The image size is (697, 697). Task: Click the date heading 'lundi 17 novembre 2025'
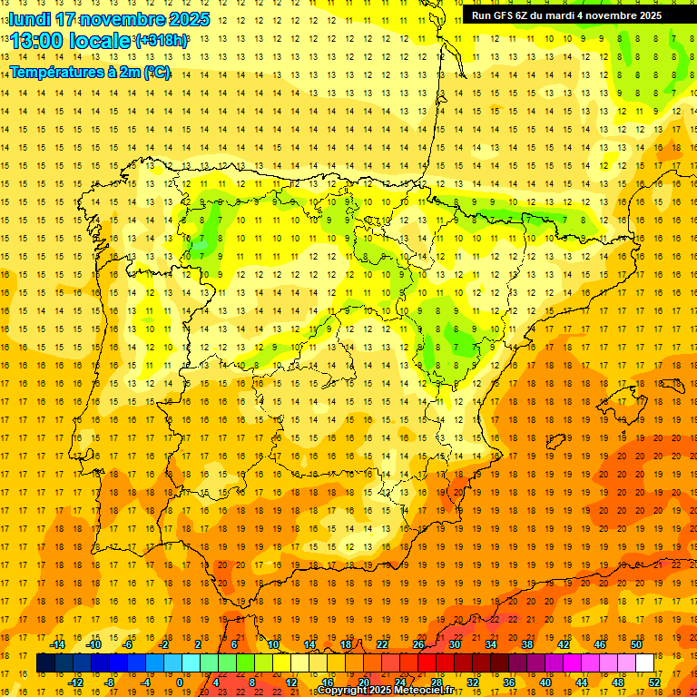coord(110,19)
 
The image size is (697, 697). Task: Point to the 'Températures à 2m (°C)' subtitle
coord(90,72)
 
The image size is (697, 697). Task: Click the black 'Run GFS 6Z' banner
coord(566,15)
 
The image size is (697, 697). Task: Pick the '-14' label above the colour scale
coord(58,645)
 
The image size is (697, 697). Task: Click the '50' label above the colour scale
coord(636,645)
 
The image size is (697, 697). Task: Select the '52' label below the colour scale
coord(654,682)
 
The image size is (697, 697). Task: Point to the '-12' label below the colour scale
coord(76,682)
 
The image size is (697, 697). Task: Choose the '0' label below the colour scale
coord(179,682)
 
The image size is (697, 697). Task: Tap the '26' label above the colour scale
coord(418,645)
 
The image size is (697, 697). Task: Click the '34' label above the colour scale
coord(491,645)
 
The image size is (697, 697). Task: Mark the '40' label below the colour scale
coord(545,682)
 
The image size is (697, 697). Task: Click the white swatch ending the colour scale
coord(644,663)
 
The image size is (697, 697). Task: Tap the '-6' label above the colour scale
coord(129,645)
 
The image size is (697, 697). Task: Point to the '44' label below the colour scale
coord(582,682)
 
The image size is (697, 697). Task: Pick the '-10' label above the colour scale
coord(93,645)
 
